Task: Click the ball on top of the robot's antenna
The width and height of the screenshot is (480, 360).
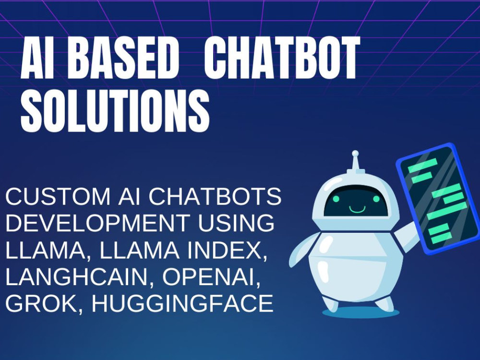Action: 355,155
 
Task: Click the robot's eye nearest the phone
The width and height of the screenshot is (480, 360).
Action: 376,198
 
